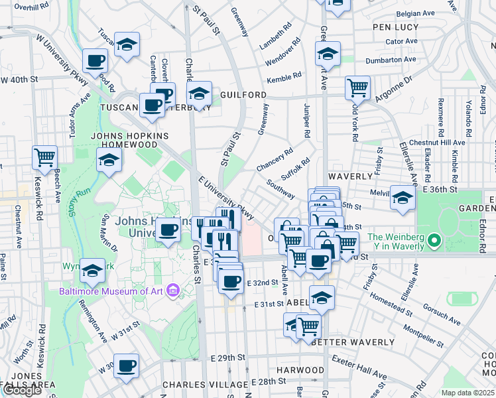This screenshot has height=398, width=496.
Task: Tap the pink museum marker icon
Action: point(174,290)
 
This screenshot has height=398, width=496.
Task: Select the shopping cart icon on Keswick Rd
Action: point(45,158)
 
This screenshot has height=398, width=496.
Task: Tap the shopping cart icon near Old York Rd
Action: point(357,87)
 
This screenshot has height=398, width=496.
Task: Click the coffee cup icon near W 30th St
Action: point(126,365)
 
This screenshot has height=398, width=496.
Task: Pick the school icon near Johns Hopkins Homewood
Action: point(109,160)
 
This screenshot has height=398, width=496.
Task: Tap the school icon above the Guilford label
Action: point(198,94)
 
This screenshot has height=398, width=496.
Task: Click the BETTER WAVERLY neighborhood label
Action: point(352,342)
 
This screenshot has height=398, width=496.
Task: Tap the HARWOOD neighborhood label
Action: point(300,369)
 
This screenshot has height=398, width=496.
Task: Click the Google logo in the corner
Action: point(22,390)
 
